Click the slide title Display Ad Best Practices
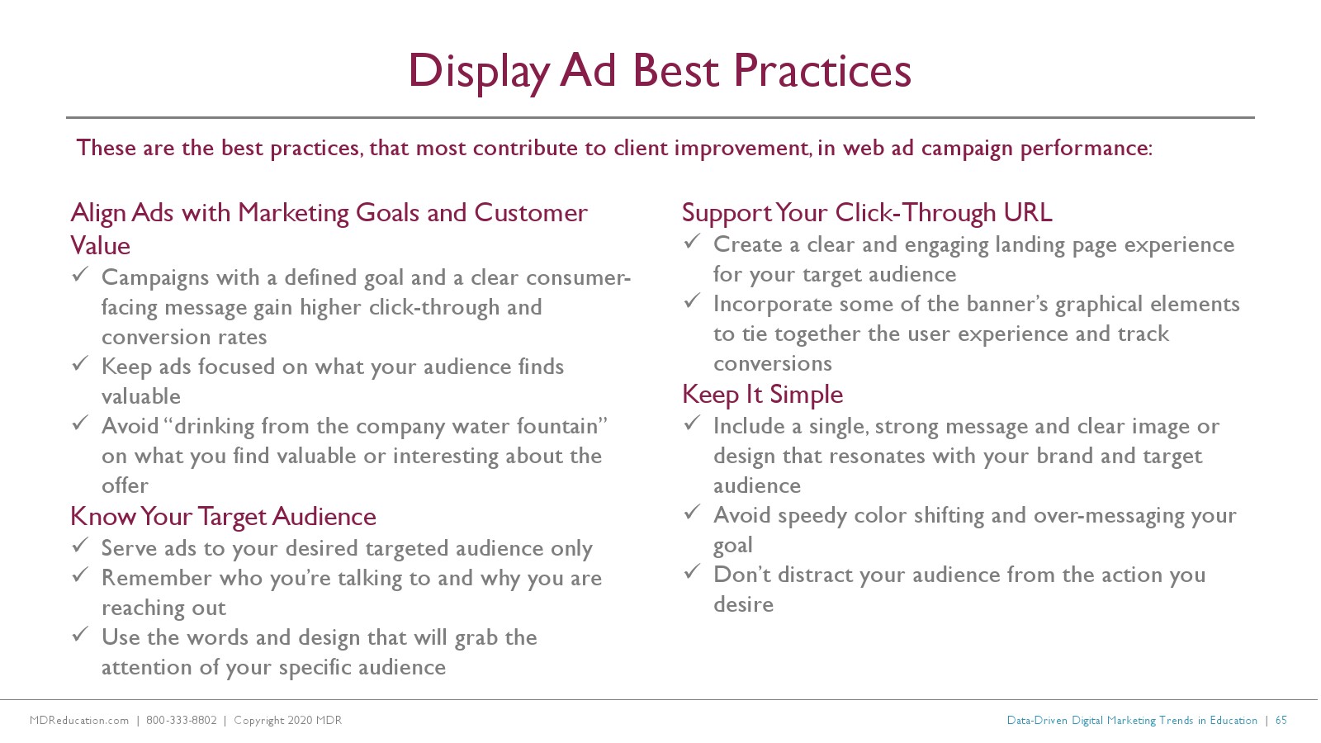tap(660, 72)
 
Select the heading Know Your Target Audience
tap(223, 517)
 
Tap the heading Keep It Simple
tap(763, 395)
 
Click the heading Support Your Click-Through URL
tap(867, 213)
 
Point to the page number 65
tap(1281, 720)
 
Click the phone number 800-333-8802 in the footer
tap(181, 720)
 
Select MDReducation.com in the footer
tap(79, 720)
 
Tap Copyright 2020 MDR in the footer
tap(288, 720)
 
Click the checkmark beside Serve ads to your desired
tap(80, 545)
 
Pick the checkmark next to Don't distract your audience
tap(693, 571)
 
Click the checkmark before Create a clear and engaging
tap(693, 241)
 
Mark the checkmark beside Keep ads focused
tap(80, 363)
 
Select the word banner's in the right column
tap(1010, 305)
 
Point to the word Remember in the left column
tap(156, 579)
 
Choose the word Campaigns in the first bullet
tap(155, 278)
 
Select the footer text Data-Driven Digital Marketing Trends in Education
tap(1132, 720)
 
